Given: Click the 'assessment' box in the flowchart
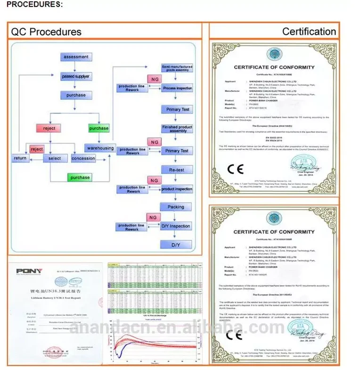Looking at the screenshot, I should coord(76,57).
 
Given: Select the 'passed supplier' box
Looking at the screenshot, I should coord(76,76).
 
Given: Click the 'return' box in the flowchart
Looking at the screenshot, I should coord(20,158).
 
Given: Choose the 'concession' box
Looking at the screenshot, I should coord(83,158).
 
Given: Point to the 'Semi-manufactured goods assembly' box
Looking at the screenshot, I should coord(176,68).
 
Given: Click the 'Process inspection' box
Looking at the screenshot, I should coord(177,88).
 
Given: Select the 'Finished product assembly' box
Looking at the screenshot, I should coord(177,129).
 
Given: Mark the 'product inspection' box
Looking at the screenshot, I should coord(177,189).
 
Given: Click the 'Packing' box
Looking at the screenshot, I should coord(176,207).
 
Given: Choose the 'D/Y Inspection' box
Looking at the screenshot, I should coord(176,226).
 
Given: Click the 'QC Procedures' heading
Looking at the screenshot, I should coord(46,32).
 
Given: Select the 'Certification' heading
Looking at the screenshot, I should coord(309,32).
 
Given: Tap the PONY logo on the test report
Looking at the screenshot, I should coord(29,271).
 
